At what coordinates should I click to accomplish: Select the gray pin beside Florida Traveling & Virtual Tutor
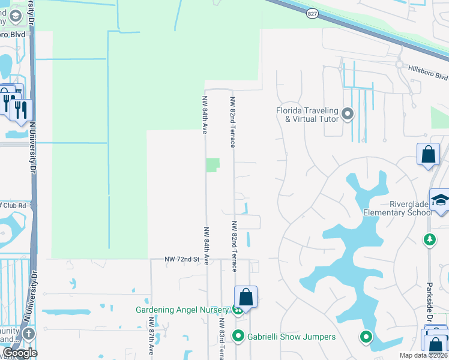pos(348,113)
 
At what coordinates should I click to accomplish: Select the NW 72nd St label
pos(182,259)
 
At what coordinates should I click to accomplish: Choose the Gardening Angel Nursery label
pos(182,310)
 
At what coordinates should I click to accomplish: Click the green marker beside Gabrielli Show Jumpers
pos(238,336)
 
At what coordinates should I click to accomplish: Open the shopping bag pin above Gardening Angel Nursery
pos(246,296)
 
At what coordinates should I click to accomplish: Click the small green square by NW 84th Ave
pos(213,165)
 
